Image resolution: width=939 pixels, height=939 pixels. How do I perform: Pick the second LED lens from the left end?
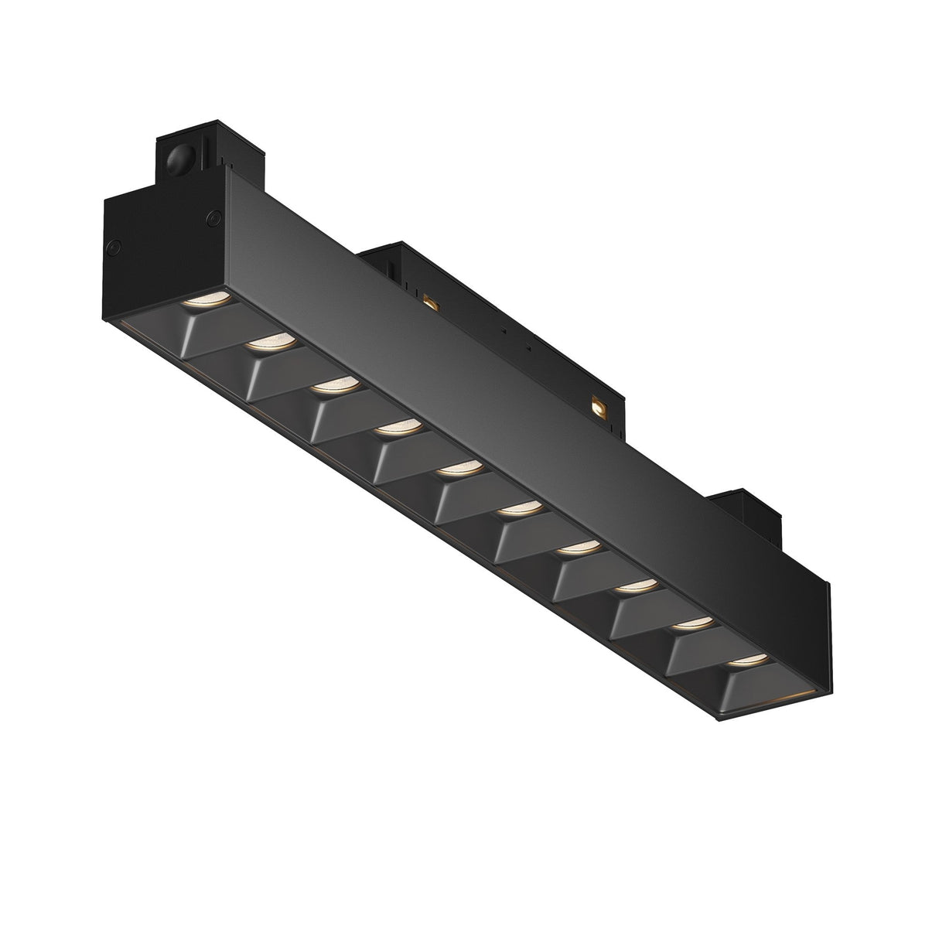(x=271, y=341)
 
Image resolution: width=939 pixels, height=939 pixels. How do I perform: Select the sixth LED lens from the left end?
(x=519, y=509)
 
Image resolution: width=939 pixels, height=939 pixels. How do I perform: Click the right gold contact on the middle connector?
(x=598, y=404)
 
